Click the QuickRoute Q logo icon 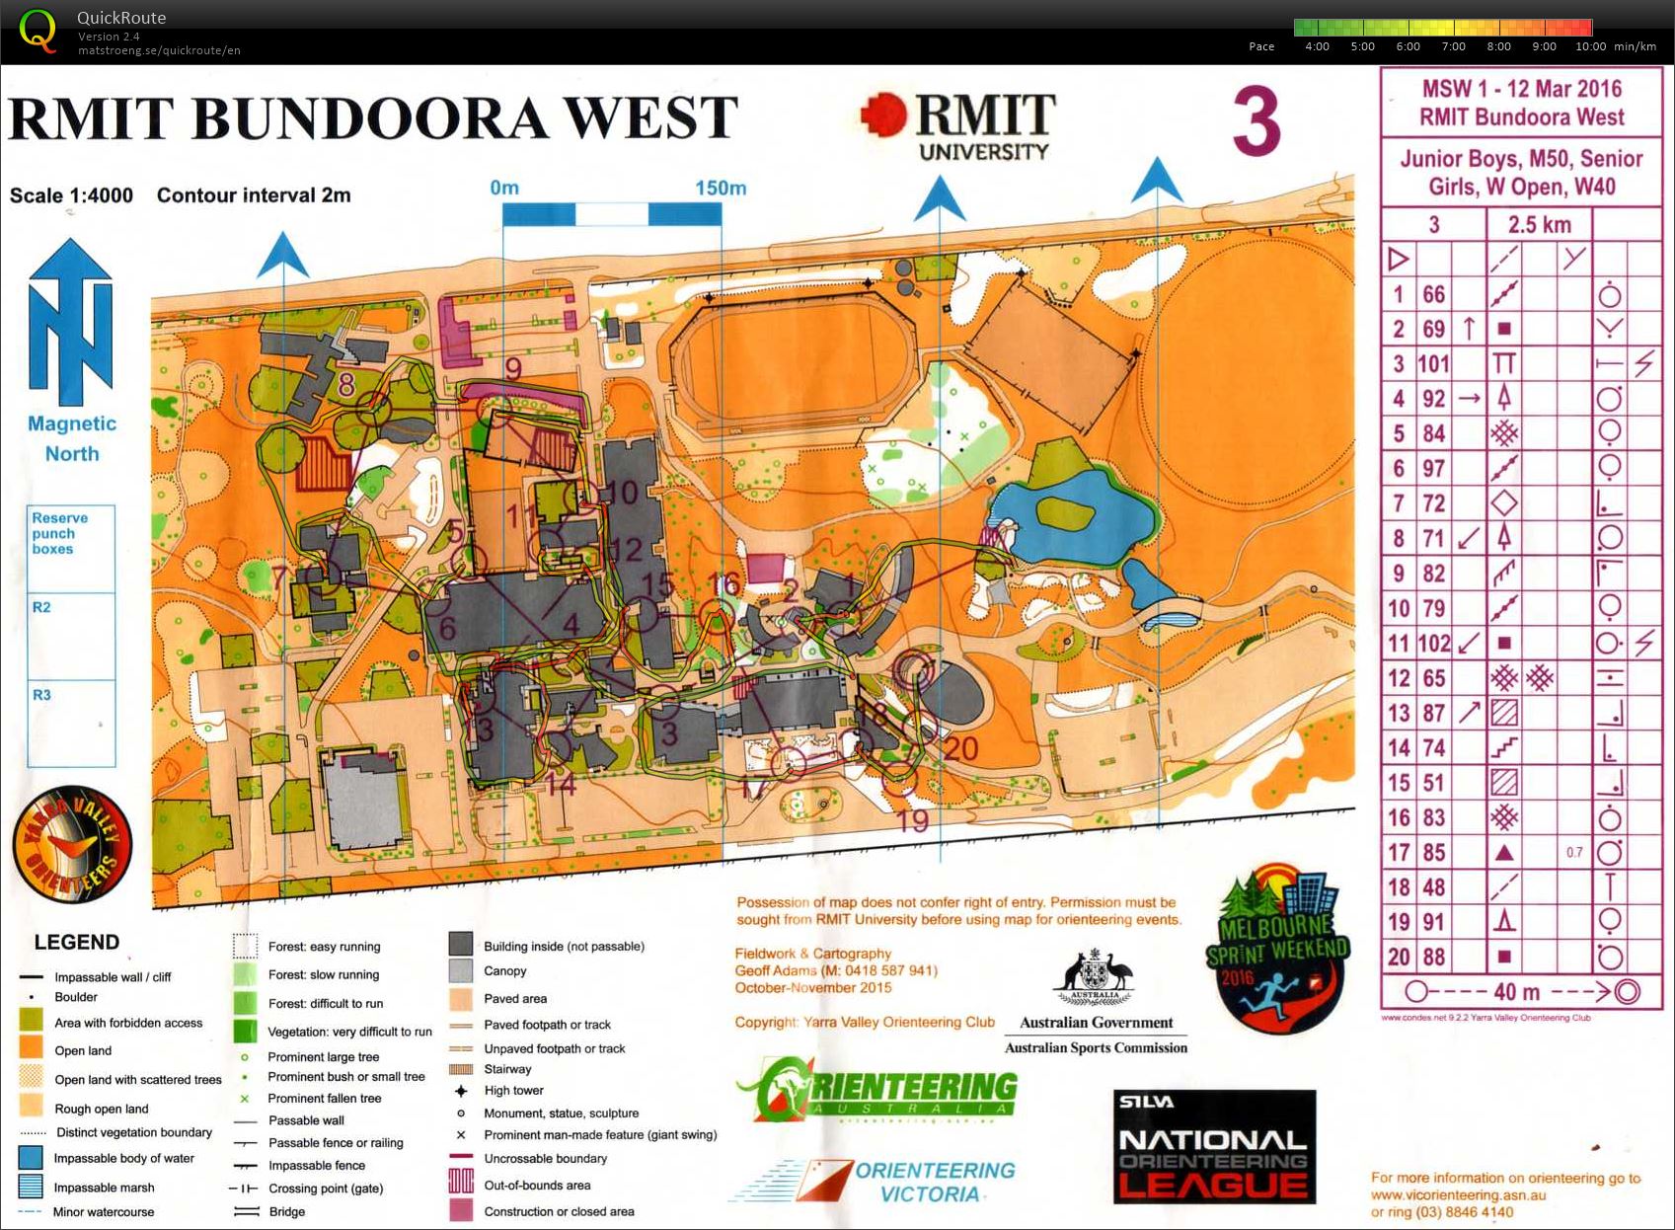pyautogui.click(x=38, y=30)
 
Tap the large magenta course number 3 pyautogui.click(x=1256, y=121)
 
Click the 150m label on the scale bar pyautogui.click(x=720, y=188)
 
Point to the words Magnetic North pyautogui.click(x=72, y=438)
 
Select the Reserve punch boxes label pyautogui.click(x=59, y=533)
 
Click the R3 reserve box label pyautogui.click(x=41, y=695)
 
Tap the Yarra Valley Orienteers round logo pyautogui.click(x=71, y=845)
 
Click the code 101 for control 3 pyautogui.click(x=1433, y=363)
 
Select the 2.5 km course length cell pyautogui.click(x=1539, y=225)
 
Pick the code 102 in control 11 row pyautogui.click(x=1433, y=644)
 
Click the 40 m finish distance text pyautogui.click(x=1517, y=991)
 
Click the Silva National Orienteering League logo pyautogui.click(x=1214, y=1147)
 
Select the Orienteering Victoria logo pyautogui.click(x=874, y=1181)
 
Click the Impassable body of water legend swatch pyautogui.click(x=31, y=1158)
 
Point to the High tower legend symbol pyautogui.click(x=461, y=1091)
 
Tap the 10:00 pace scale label pyautogui.click(x=1590, y=46)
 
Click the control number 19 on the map pyautogui.click(x=912, y=821)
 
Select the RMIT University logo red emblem pyautogui.click(x=882, y=115)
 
